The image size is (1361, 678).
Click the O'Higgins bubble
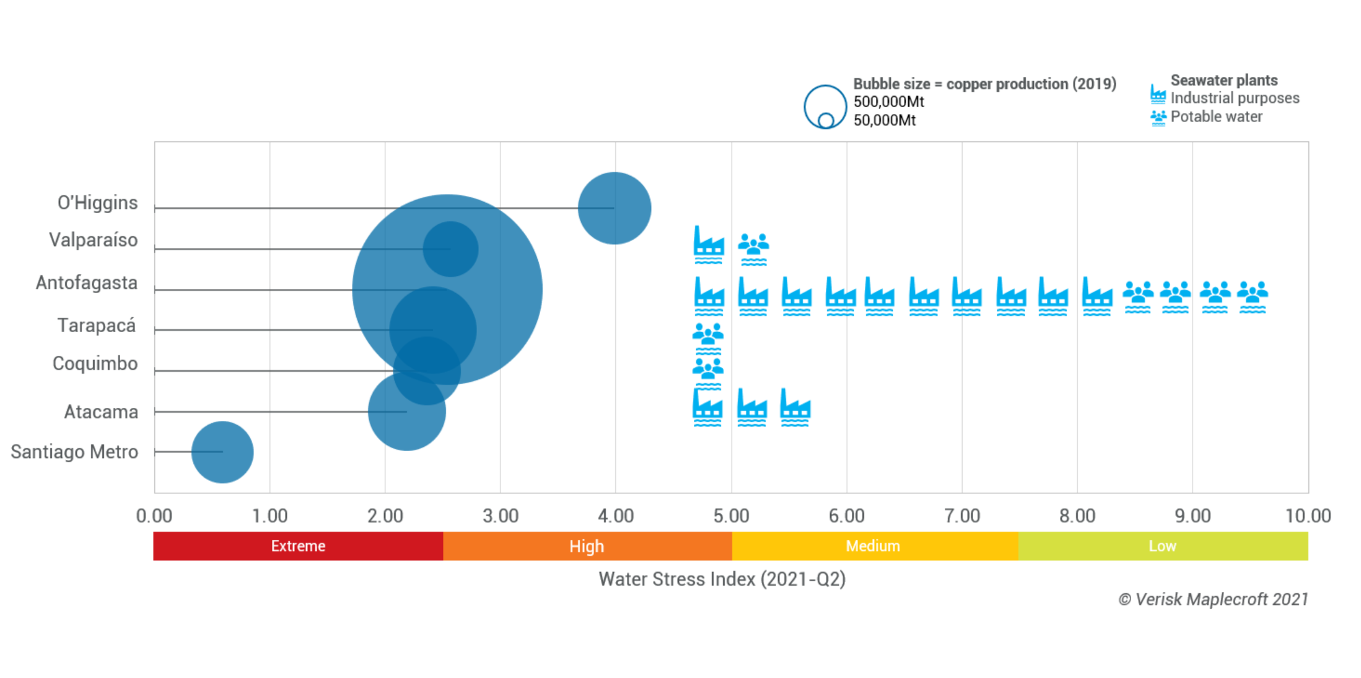(x=614, y=208)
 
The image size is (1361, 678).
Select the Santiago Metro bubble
(x=222, y=452)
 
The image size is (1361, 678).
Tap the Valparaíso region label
(x=93, y=240)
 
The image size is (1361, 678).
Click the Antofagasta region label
(x=86, y=283)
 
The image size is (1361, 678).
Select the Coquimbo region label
(x=95, y=363)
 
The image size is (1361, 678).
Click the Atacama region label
(x=100, y=412)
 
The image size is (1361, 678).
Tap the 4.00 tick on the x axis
(x=615, y=516)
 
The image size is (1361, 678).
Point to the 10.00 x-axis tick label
(x=1307, y=516)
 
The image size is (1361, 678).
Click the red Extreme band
(x=298, y=546)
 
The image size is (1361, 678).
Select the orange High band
(x=587, y=546)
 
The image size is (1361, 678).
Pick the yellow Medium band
(x=873, y=546)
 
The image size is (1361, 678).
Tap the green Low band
(x=1162, y=546)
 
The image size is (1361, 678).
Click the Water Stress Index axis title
(x=722, y=579)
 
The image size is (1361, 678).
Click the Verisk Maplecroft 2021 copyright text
(x=1212, y=599)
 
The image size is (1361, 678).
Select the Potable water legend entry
(x=1215, y=117)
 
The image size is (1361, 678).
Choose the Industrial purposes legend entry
(x=1234, y=98)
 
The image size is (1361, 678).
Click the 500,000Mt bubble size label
(x=888, y=102)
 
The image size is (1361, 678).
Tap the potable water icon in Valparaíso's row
(x=753, y=248)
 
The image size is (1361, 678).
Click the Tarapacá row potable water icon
(x=707, y=337)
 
